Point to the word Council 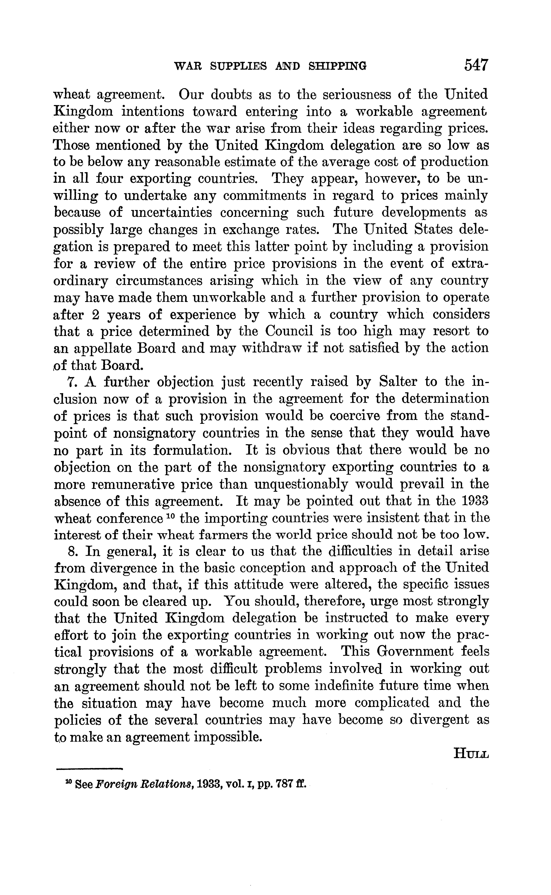click(289, 331)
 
